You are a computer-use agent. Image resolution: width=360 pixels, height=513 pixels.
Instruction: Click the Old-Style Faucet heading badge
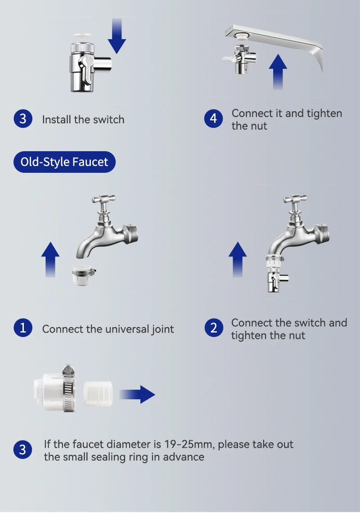[x=64, y=162]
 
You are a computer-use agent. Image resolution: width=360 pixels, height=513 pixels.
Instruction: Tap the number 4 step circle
[x=213, y=118]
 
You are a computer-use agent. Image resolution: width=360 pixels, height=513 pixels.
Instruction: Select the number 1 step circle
[x=23, y=328]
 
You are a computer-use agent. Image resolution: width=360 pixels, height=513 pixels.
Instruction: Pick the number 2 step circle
[x=214, y=328]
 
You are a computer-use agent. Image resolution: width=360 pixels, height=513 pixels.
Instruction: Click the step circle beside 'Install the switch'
[x=23, y=118]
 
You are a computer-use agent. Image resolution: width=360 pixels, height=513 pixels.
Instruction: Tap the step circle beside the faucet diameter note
[x=22, y=450]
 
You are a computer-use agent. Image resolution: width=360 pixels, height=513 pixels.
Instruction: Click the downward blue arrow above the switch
[x=117, y=36]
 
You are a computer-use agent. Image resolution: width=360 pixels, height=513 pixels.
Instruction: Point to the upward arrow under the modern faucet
[x=278, y=72]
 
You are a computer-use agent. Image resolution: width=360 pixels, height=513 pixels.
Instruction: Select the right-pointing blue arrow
[x=137, y=394]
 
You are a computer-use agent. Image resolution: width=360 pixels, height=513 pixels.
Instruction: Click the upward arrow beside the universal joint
[x=50, y=260]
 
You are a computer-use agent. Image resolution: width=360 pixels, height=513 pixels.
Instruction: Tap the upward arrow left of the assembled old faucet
[x=238, y=260]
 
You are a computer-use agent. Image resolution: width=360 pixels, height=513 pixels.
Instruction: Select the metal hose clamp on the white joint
[x=69, y=388]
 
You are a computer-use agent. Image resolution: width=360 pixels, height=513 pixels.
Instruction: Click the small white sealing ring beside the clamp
[x=98, y=394]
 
